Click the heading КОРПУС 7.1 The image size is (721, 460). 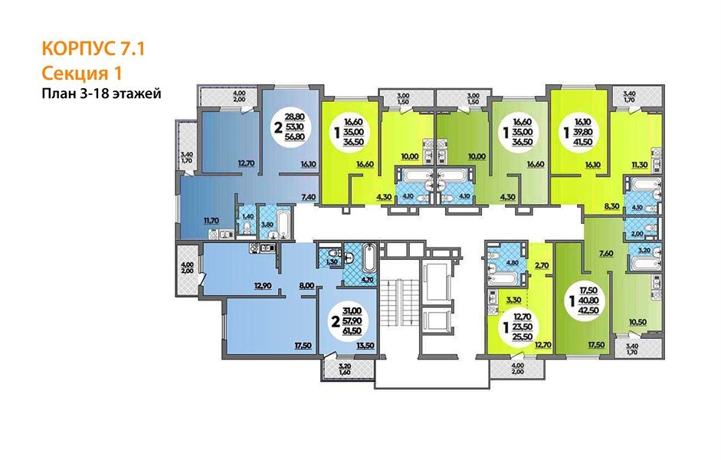pyautogui.click(x=93, y=49)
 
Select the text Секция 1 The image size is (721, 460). pyautogui.click(x=82, y=73)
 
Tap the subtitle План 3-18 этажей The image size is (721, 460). pyautogui.click(x=101, y=94)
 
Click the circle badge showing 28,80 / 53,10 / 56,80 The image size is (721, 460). pyautogui.click(x=290, y=127)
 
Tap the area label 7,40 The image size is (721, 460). pyautogui.click(x=309, y=197)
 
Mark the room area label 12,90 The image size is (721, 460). pyautogui.click(x=262, y=286)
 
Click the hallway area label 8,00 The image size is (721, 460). pyautogui.click(x=306, y=286)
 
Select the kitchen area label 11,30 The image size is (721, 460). pyautogui.click(x=640, y=163)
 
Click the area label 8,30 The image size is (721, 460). pyautogui.click(x=611, y=206)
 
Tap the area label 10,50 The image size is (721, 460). pyautogui.click(x=637, y=322)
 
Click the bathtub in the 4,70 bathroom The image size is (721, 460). pyautogui.click(x=369, y=258)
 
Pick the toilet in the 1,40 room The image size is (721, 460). pyautogui.click(x=247, y=227)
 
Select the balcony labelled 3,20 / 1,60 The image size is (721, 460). pyautogui.click(x=349, y=369)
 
